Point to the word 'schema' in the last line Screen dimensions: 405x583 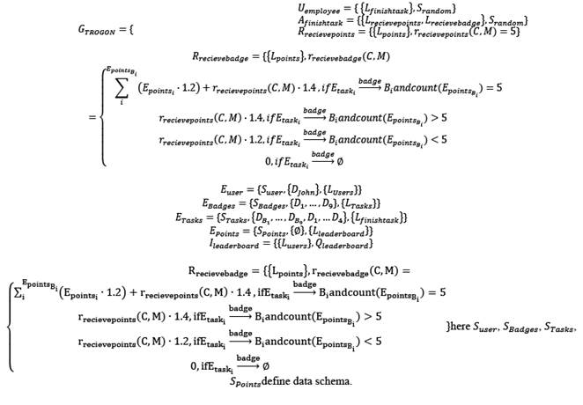tap(332, 380)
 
